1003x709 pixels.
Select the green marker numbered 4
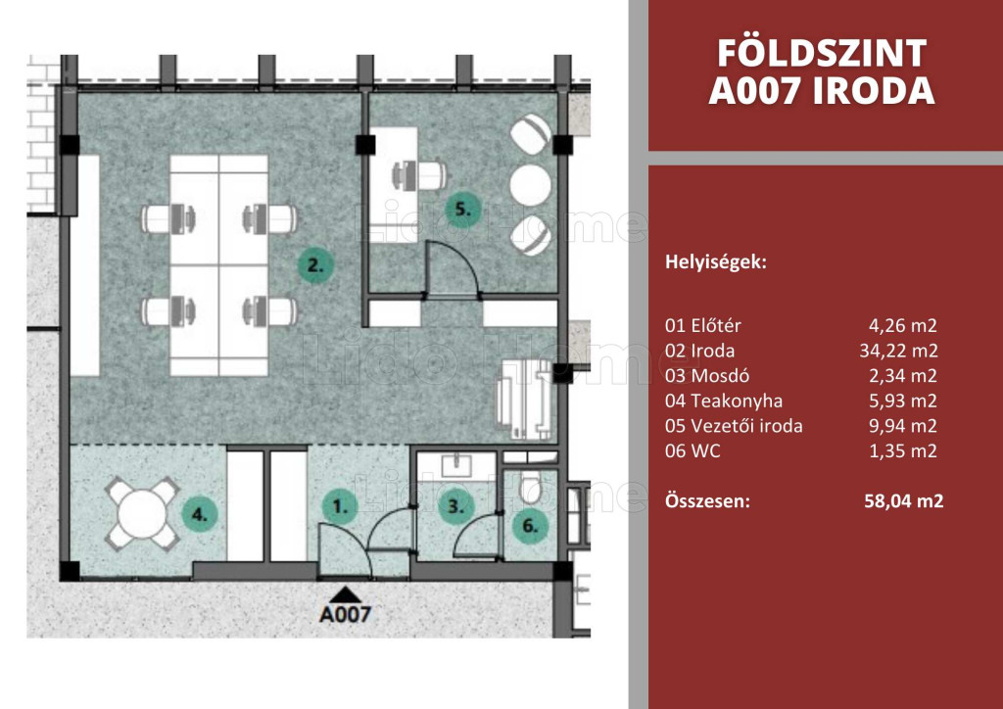click(x=200, y=514)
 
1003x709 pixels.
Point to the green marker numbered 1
click(x=339, y=507)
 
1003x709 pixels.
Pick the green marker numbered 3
click(x=454, y=507)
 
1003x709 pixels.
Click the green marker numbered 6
click(x=530, y=526)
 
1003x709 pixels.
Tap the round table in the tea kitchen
click(x=142, y=513)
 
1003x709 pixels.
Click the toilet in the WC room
click(x=532, y=487)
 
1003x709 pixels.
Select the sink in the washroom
click(x=456, y=465)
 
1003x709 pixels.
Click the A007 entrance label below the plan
click(x=346, y=614)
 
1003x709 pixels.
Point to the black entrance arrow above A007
click(x=346, y=594)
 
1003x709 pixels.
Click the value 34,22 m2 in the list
click(x=898, y=351)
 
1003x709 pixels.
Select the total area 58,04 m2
click(x=904, y=500)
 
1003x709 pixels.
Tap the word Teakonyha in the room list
click(x=737, y=401)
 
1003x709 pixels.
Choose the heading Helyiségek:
click(x=716, y=262)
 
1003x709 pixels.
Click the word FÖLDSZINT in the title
click(x=822, y=53)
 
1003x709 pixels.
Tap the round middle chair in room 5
click(x=530, y=185)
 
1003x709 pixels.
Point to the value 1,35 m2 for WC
click(x=903, y=450)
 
